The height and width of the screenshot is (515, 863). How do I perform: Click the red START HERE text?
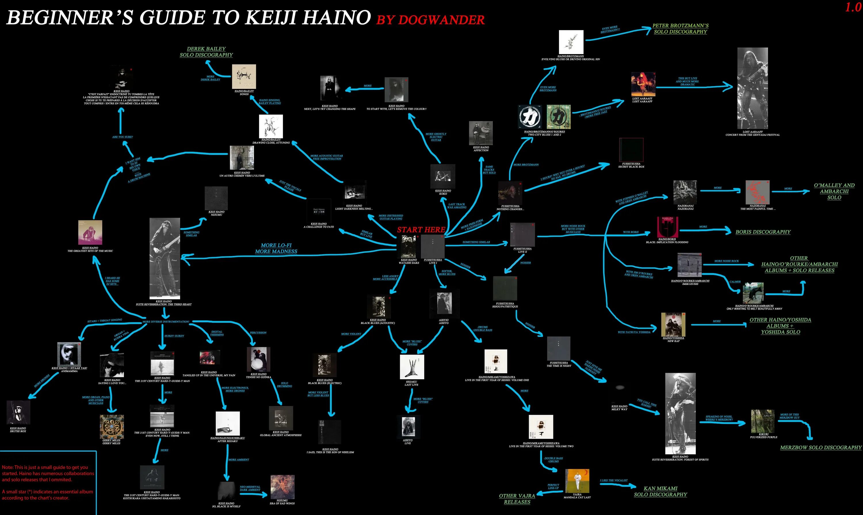click(421, 230)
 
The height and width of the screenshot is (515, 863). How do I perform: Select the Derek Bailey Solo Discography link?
click(206, 52)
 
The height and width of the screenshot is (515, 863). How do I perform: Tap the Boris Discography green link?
click(763, 232)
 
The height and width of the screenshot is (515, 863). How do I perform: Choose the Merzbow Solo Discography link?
click(821, 448)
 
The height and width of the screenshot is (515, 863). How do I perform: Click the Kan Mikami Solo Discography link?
click(660, 491)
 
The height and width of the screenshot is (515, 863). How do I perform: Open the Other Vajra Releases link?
click(517, 499)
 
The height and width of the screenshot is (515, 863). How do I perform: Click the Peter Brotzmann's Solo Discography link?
click(680, 28)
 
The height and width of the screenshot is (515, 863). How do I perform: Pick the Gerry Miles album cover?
click(112, 427)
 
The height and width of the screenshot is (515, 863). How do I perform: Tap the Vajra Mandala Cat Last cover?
click(577, 481)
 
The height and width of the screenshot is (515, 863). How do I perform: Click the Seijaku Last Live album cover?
click(412, 367)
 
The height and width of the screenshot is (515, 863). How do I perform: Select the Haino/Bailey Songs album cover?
click(244, 77)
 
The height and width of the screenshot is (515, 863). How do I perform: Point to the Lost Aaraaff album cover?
click(643, 84)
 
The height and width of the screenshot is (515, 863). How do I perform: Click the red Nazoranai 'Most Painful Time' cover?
click(757, 192)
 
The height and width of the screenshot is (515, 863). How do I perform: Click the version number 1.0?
click(853, 7)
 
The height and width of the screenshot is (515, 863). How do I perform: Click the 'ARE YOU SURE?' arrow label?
click(122, 137)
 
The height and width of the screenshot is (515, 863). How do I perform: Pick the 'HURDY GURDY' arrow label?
click(174, 336)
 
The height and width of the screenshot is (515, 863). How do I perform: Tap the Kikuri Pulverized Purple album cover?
click(762, 421)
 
